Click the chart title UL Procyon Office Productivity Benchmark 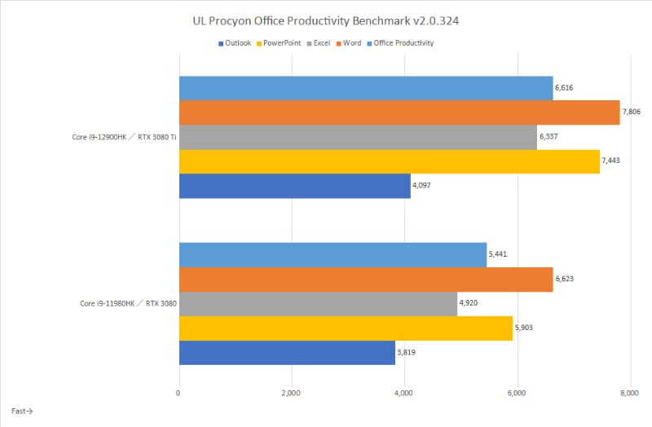click(x=326, y=20)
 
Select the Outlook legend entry click(x=237, y=43)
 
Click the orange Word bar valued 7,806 click(x=399, y=112)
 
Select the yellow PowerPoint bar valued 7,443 click(x=389, y=161)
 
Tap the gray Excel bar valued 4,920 click(x=318, y=304)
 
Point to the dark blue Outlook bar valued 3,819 click(x=286, y=353)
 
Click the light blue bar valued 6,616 click(x=365, y=88)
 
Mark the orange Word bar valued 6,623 click(x=365, y=280)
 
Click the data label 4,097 click(x=422, y=186)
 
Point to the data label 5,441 click(x=498, y=255)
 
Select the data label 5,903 click(x=524, y=328)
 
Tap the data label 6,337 click(x=548, y=137)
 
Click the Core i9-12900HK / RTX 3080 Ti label click(x=123, y=137)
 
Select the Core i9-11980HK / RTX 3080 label click(x=127, y=304)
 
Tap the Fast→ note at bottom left click(x=22, y=412)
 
